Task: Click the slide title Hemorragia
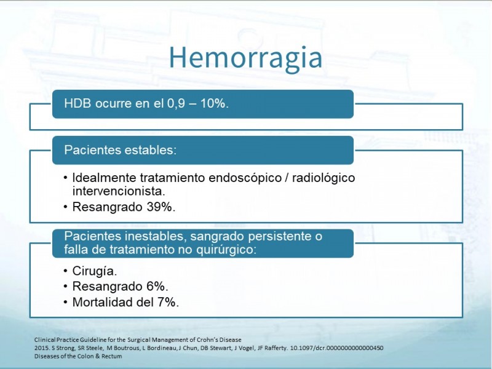[x=245, y=58]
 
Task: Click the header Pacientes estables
[x=120, y=150]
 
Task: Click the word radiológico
[x=323, y=178]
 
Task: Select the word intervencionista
[x=119, y=191]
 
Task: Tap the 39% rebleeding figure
[x=161, y=207]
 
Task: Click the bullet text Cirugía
[x=95, y=271]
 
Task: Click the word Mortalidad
[x=103, y=302]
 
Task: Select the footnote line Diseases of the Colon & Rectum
[x=78, y=356]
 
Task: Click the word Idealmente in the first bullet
[x=105, y=178]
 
